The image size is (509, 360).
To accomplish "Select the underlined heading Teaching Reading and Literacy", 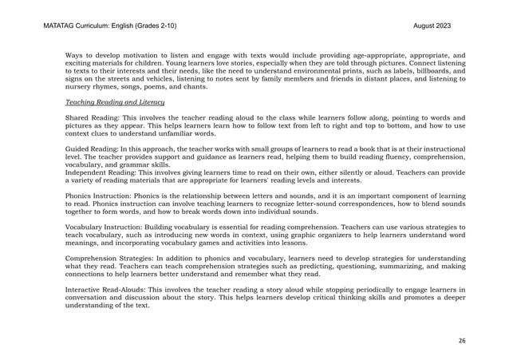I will coord(115,103).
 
